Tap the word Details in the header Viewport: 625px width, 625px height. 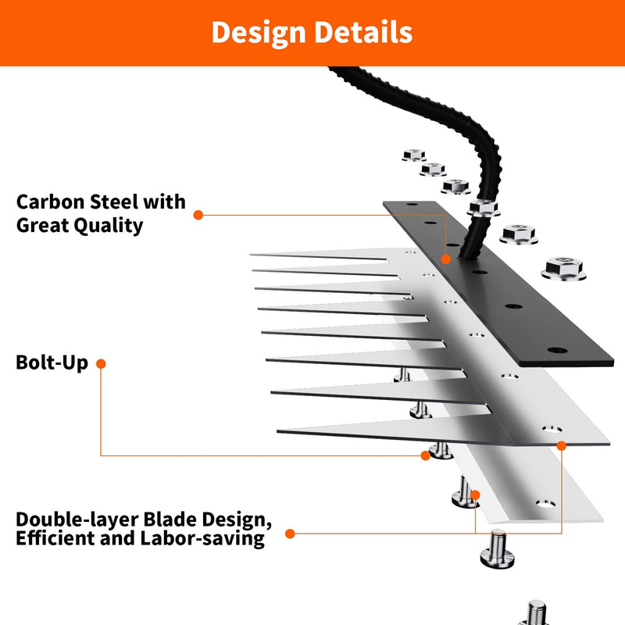click(363, 32)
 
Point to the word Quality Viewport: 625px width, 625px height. click(109, 226)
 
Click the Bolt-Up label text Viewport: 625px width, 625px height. click(52, 362)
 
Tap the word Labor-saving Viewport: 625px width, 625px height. click(202, 538)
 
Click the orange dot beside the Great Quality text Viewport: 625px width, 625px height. click(198, 216)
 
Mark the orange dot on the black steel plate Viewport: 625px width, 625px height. click(445, 259)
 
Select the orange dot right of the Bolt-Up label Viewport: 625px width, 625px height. click(101, 363)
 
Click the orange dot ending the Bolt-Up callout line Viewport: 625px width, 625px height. click(425, 455)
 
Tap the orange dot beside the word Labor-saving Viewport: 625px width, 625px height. click(290, 534)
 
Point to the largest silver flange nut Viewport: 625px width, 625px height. click(563, 269)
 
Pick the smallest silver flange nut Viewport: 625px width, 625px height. click(414, 155)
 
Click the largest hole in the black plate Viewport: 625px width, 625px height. click(557, 351)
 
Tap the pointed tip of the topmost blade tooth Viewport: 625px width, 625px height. click(251, 255)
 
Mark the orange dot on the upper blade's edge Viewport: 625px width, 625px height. click(561, 445)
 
